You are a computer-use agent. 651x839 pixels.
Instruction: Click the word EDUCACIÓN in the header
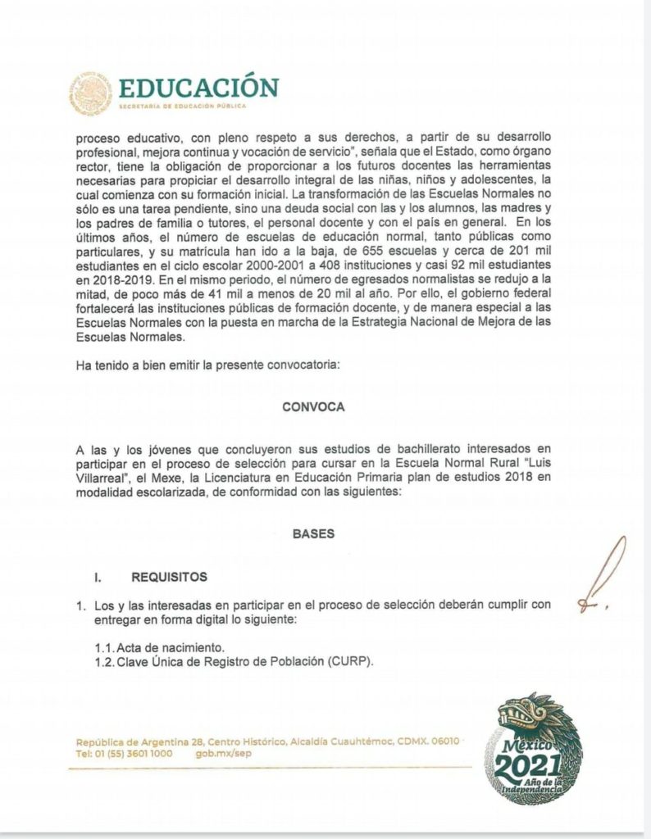198,87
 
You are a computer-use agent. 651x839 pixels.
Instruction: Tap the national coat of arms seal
91,91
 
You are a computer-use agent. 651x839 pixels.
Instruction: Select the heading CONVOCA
313,406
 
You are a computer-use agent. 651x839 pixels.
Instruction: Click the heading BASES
313,533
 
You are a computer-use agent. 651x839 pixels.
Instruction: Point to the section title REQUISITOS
169,577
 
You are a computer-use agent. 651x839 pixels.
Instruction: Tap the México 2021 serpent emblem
533,747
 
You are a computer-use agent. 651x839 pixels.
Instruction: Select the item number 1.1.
105,647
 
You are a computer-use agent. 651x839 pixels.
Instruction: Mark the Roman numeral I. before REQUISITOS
98,577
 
